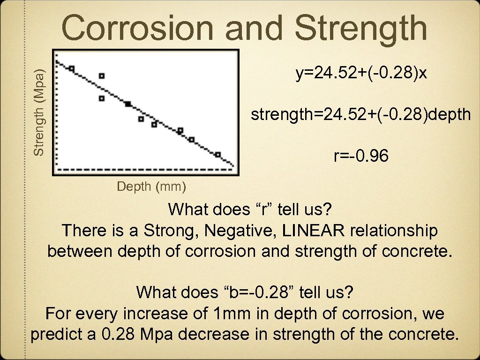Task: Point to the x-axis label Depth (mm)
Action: (x=151, y=187)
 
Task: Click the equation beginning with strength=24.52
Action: (x=360, y=114)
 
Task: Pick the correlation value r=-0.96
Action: (x=361, y=157)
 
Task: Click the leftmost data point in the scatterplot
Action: (x=71, y=68)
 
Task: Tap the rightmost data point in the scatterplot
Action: (x=217, y=154)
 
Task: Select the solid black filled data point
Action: (x=128, y=104)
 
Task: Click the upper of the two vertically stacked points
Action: (x=102, y=75)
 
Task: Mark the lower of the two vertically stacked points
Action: (x=102, y=98)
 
